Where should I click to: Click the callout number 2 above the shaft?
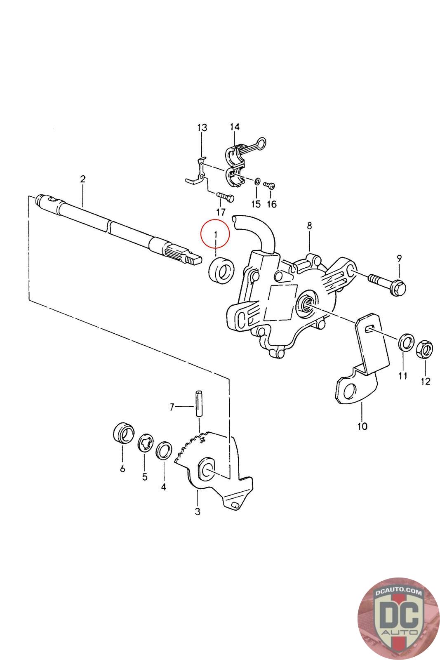click(x=83, y=179)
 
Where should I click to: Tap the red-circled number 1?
click(x=216, y=234)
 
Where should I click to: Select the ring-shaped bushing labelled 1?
click(x=221, y=268)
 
